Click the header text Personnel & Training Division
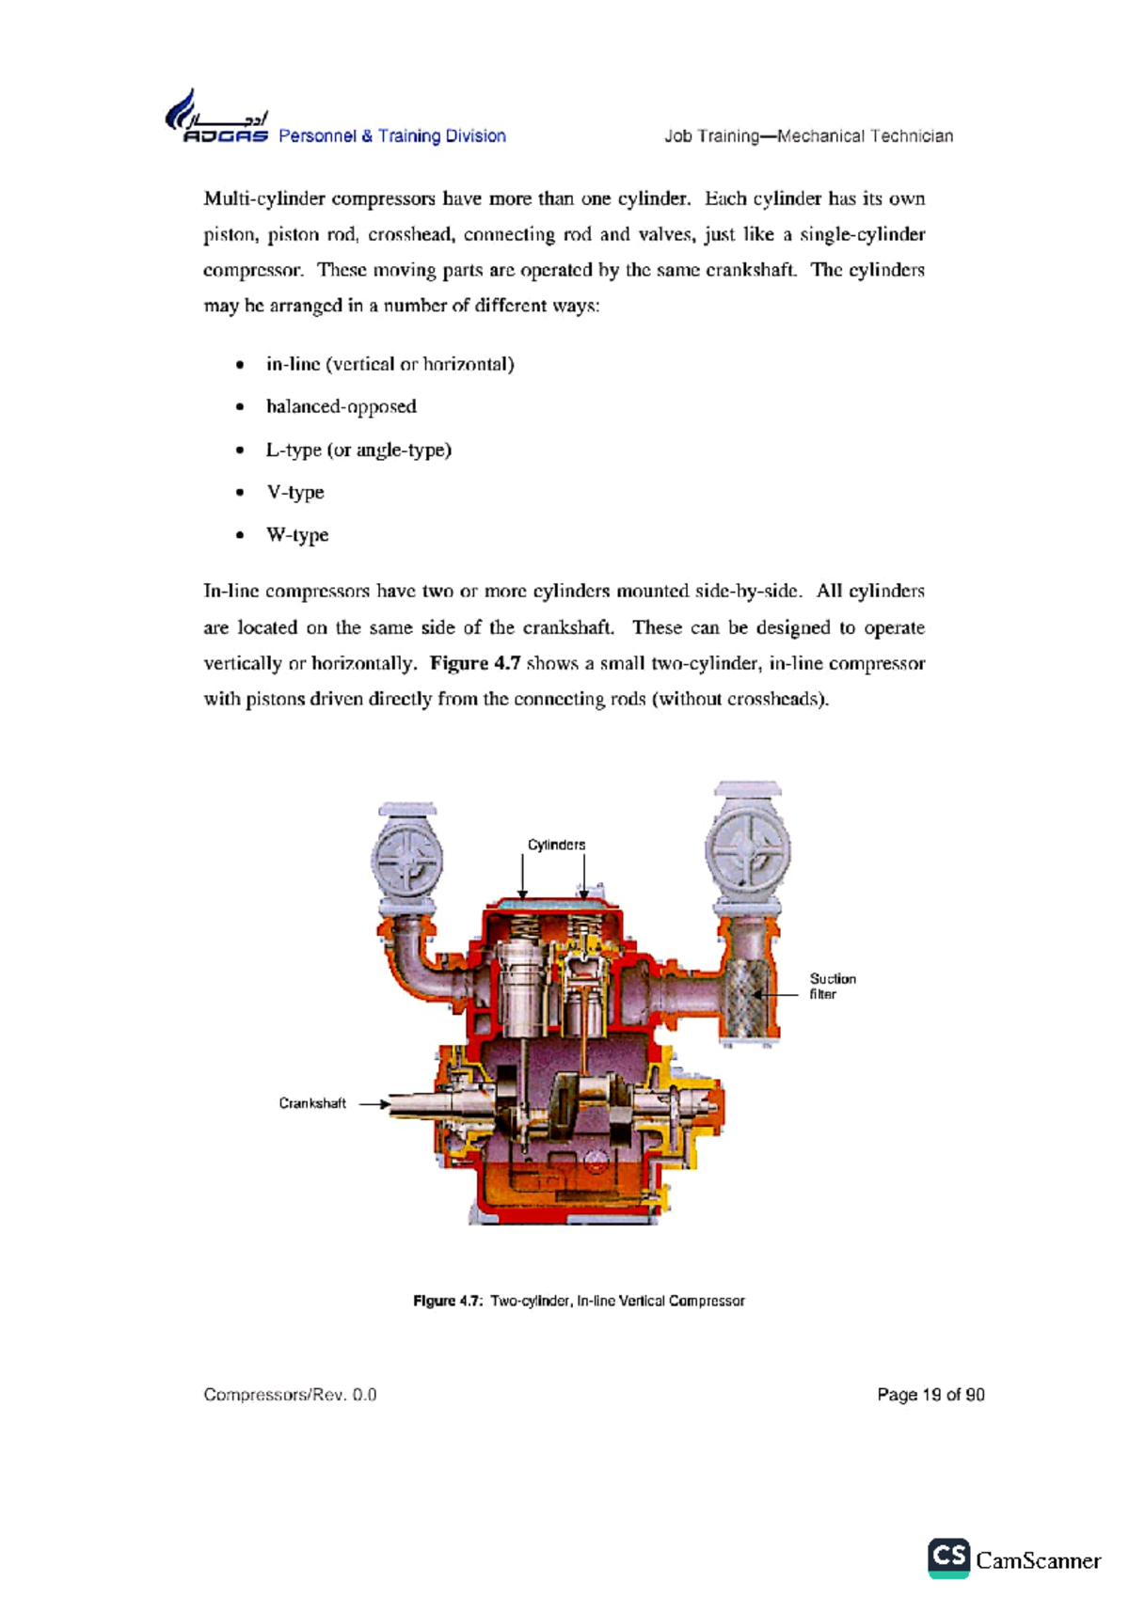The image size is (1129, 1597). [391, 136]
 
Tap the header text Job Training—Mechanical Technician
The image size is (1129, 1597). [808, 136]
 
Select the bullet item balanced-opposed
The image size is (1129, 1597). [341, 406]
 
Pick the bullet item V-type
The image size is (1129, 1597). [294, 492]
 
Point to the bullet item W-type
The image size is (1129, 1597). [297, 534]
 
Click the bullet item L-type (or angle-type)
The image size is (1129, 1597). [358, 450]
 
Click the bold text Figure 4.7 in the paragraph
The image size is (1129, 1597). [475, 663]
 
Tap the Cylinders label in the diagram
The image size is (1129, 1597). [556, 845]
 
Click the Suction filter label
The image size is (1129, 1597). [832, 986]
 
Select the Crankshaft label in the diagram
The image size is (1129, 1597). [312, 1103]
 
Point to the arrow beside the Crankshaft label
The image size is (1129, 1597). [374, 1104]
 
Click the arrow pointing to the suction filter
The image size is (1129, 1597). [776, 993]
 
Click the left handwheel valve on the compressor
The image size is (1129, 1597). [407, 861]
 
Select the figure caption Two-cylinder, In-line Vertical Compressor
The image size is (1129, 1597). [617, 1301]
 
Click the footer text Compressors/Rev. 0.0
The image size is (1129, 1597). [290, 1394]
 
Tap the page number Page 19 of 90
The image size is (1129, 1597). [930, 1394]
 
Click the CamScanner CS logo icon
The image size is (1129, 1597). [948, 1558]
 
